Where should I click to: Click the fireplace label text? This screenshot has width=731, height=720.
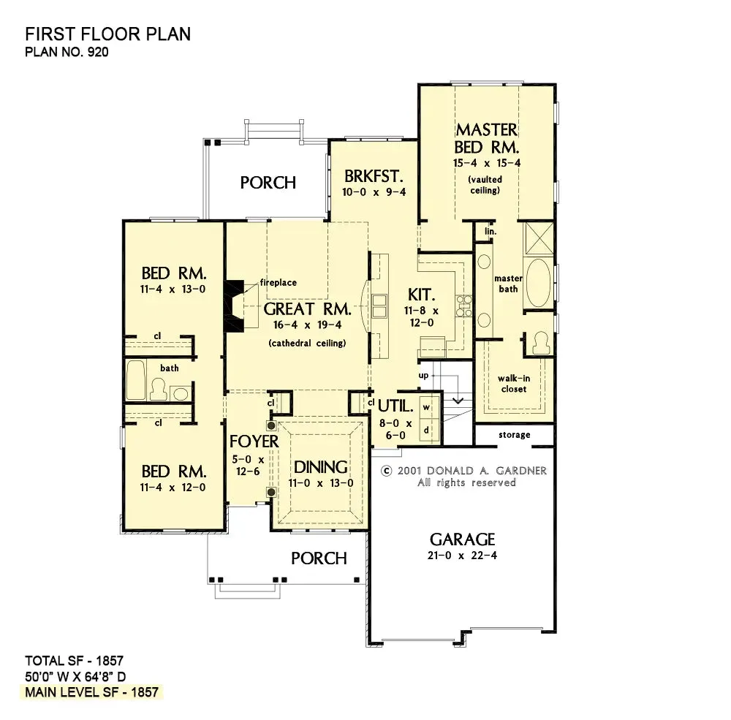tap(279, 282)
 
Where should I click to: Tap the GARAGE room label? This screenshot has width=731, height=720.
tap(462, 539)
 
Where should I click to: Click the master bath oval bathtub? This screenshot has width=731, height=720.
tap(538, 283)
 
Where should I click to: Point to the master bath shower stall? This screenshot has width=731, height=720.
tap(539, 239)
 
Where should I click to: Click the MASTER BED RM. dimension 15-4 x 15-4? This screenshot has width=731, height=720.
tap(486, 163)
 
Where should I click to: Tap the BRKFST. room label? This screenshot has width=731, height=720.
tap(374, 176)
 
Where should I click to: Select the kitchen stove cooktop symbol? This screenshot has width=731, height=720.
tap(464, 306)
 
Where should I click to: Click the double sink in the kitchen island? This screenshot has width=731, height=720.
tap(379, 306)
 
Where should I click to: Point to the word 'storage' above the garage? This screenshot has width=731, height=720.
tap(514, 435)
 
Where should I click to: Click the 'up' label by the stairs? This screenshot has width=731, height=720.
tap(423, 376)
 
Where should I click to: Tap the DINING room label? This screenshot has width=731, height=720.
tap(320, 467)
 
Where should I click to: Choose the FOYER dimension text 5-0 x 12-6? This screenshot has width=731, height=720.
tap(248, 466)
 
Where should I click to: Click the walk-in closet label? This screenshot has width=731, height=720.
tap(514, 384)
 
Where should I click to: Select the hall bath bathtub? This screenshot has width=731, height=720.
tap(136, 379)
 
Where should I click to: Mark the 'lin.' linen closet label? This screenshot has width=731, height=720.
tap(491, 231)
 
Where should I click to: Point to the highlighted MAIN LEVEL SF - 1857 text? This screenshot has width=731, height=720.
tap(92, 692)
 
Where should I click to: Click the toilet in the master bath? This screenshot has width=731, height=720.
tap(541, 343)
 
